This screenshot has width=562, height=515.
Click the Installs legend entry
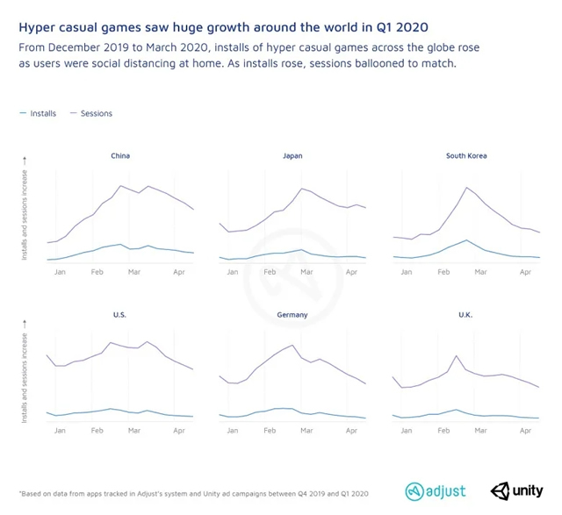pos(39,113)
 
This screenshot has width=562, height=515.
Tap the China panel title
pos(120,156)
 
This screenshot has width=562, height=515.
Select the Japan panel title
pos(292,156)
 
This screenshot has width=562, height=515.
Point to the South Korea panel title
pos(466,156)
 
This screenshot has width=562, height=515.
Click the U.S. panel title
pos(120,313)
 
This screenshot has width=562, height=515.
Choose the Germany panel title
pos(292,313)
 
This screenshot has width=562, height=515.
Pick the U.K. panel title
pos(466,313)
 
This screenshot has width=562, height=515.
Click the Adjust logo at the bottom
pos(436,490)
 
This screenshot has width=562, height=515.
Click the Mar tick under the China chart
pos(133,272)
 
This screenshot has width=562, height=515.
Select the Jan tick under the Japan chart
pos(233,272)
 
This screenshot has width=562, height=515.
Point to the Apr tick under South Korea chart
pos(526,272)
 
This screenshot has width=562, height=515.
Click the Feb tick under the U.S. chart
pos(97,431)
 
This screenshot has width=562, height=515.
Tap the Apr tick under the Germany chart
pos(352,431)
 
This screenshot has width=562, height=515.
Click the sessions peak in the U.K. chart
pos(456,355)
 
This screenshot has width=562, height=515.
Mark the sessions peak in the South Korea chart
pos(466,187)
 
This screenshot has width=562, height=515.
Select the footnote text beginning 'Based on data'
pos(193,493)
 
